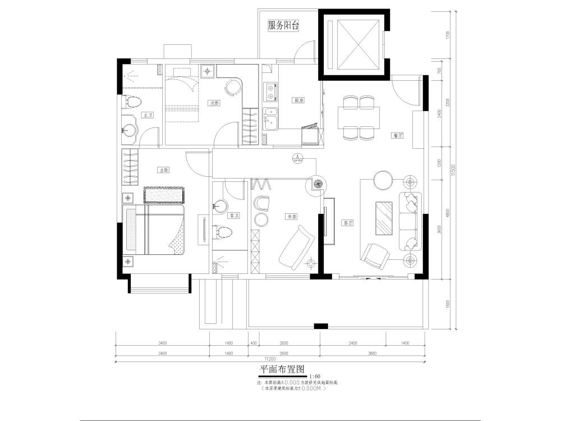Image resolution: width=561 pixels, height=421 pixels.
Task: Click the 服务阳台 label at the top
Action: click(283, 26)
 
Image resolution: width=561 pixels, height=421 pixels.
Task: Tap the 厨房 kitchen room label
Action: click(298, 101)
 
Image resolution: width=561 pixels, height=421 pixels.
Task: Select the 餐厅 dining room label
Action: click(398, 135)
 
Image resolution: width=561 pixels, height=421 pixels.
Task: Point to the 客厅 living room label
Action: click(348, 222)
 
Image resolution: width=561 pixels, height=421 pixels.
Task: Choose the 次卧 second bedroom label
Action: click(213, 103)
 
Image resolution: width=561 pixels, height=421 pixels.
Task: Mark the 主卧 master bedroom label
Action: click(164, 170)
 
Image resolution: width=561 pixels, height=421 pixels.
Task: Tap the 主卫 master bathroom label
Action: click(148, 115)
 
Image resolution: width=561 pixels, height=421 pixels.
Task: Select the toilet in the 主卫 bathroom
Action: click(133, 102)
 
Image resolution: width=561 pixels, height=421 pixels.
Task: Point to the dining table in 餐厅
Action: click(359, 117)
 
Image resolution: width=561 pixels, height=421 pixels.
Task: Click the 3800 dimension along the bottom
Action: click(373, 354)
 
